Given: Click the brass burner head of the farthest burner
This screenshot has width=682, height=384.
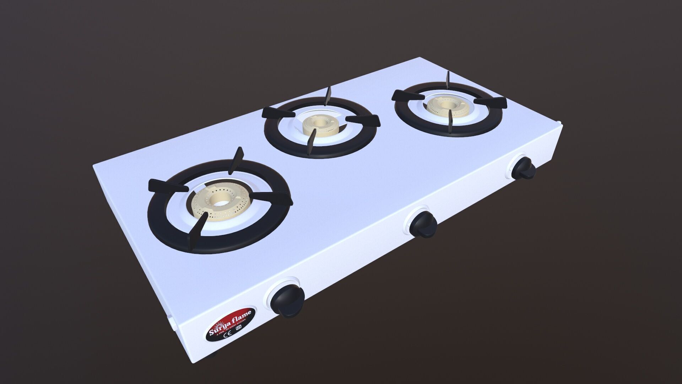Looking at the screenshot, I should [x=444, y=105].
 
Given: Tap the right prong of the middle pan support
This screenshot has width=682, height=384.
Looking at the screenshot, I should [x=364, y=120].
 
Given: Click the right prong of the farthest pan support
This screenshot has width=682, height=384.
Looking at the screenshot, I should [x=492, y=102].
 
